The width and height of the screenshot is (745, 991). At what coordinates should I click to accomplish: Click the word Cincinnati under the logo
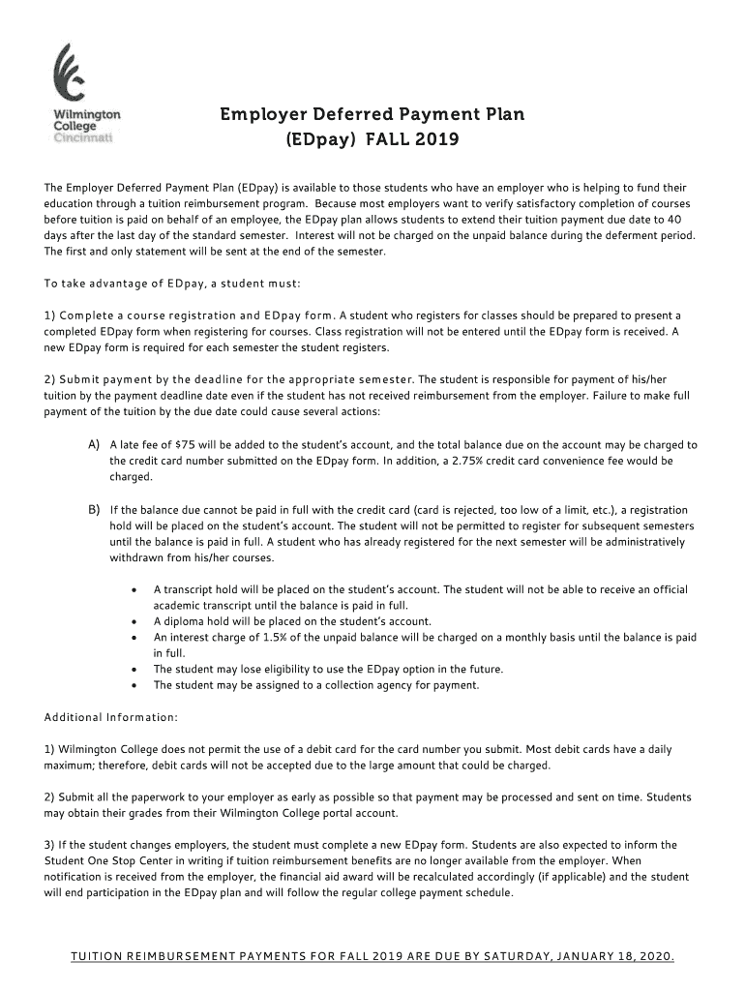coord(82,137)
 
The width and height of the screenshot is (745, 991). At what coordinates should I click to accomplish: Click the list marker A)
coord(95,444)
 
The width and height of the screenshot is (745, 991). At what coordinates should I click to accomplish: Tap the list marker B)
coord(95,509)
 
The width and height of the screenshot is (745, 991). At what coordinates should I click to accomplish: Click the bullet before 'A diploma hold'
coord(132,621)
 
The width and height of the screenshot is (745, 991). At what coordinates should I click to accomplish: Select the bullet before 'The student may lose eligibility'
coord(132,669)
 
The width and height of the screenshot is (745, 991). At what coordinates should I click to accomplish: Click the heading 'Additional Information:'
coord(111,717)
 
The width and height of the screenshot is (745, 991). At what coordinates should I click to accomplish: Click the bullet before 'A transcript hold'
coord(132,589)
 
